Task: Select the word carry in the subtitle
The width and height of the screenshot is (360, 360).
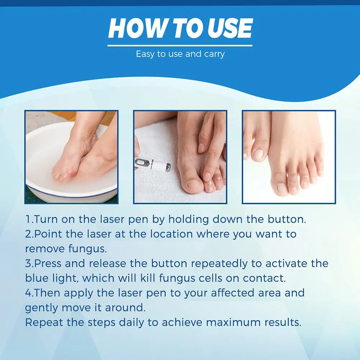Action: pos(214,54)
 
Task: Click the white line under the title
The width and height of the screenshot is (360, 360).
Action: pos(180,45)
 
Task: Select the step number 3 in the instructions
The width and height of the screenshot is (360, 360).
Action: pos(28,263)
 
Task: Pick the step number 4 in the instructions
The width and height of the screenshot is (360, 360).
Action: pos(28,293)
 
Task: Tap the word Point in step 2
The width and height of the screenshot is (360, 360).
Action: pos(47,234)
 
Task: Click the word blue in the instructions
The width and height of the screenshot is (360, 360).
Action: pos(36,278)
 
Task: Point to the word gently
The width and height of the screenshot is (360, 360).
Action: pos(39,308)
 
